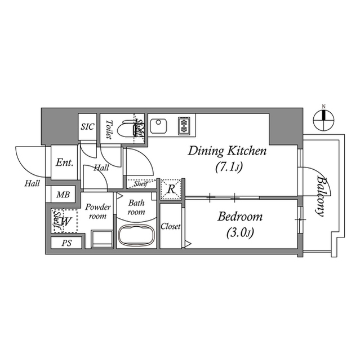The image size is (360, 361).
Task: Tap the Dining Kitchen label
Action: (227, 151)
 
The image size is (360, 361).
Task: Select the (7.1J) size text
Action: (228, 167)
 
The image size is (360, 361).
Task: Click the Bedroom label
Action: (240, 217)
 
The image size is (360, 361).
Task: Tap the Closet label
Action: (171, 226)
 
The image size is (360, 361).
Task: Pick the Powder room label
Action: (97, 212)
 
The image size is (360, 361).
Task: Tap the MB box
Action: (63, 195)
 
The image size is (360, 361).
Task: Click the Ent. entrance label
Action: (64, 163)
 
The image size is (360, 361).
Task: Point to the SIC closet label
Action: (88, 126)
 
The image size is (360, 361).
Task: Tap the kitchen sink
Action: (158, 125)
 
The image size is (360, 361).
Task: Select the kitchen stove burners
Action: (184, 125)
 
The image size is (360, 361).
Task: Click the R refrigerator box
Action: (170, 190)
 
